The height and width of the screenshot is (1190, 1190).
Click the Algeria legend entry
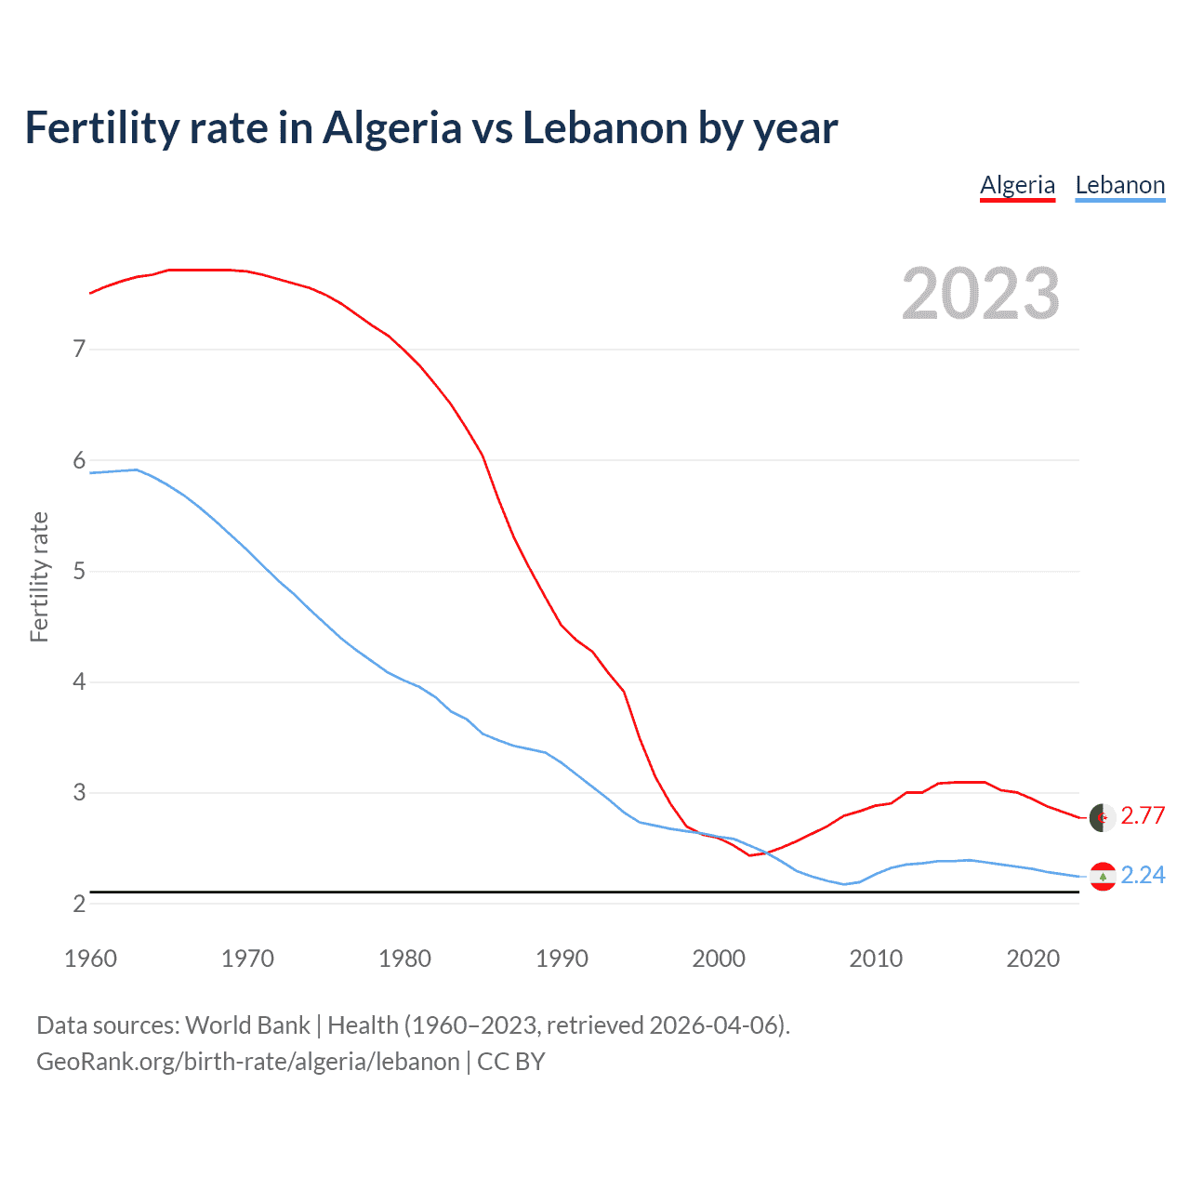(x=1017, y=185)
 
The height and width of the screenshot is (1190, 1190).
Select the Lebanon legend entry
(x=1119, y=185)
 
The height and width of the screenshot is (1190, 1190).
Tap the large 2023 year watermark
(x=981, y=294)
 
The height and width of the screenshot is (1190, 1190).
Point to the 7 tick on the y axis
(x=79, y=350)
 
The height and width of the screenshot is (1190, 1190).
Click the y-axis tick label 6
(x=79, y=460)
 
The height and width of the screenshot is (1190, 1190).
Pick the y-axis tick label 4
(x=79, y=682)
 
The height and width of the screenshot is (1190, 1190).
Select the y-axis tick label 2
(x=79, y=904)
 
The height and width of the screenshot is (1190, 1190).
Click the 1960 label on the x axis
(x=90, y=959)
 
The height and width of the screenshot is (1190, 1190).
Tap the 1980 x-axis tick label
(x=404, y=959)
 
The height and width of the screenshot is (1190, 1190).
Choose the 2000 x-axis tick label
(x=719, y=959)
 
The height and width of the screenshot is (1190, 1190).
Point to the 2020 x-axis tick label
(x=1033, y=959)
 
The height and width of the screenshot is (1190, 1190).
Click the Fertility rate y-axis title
(x=39, y=576)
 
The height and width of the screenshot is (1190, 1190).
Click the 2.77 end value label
(x=1143, y=815)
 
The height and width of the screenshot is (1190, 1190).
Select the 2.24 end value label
(x=1143, y=876)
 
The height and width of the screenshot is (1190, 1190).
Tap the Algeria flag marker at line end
(x=1103, y=817)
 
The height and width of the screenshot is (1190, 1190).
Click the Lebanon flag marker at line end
(x=1103, y=877)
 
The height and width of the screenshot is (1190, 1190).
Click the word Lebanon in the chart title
(x=604, y=128)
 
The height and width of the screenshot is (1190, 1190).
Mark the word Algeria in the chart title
(x=391, y=128)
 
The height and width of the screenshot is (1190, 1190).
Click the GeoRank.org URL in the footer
(x=248, y=1062)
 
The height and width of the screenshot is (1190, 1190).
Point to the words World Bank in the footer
(x=247, y=1025)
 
